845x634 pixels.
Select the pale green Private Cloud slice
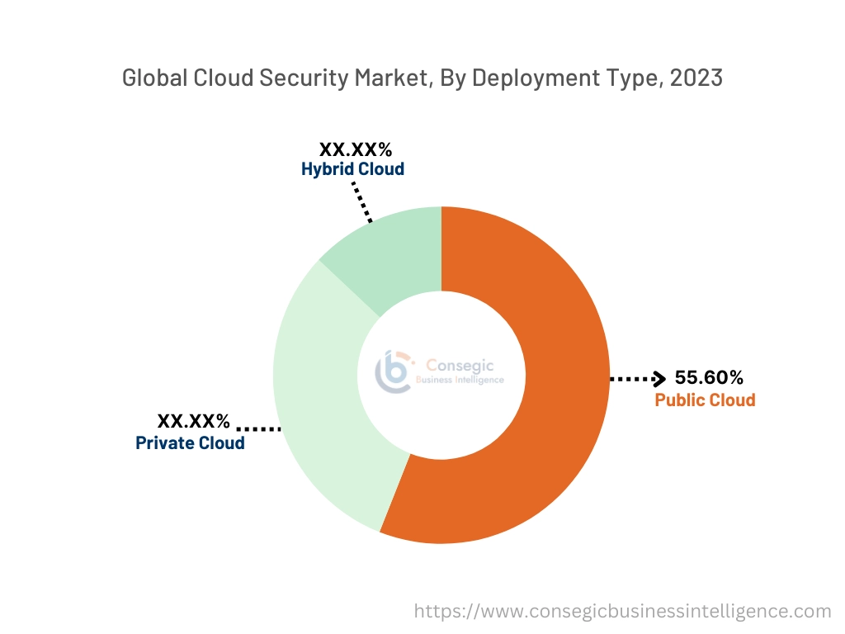[322, 413]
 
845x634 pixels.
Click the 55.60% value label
[709, 378]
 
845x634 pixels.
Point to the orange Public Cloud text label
[705, 400]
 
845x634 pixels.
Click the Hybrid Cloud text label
[352, 169]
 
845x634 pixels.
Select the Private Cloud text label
[190, 443]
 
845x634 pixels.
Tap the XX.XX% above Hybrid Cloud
[356, 149]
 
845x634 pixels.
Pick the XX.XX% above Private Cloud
[194, 421]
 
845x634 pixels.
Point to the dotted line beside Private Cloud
[259, 429]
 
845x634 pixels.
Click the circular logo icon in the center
[393, 372]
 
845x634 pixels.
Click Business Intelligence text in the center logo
[459, 380]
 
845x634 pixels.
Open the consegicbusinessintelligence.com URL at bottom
[622, 611]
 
